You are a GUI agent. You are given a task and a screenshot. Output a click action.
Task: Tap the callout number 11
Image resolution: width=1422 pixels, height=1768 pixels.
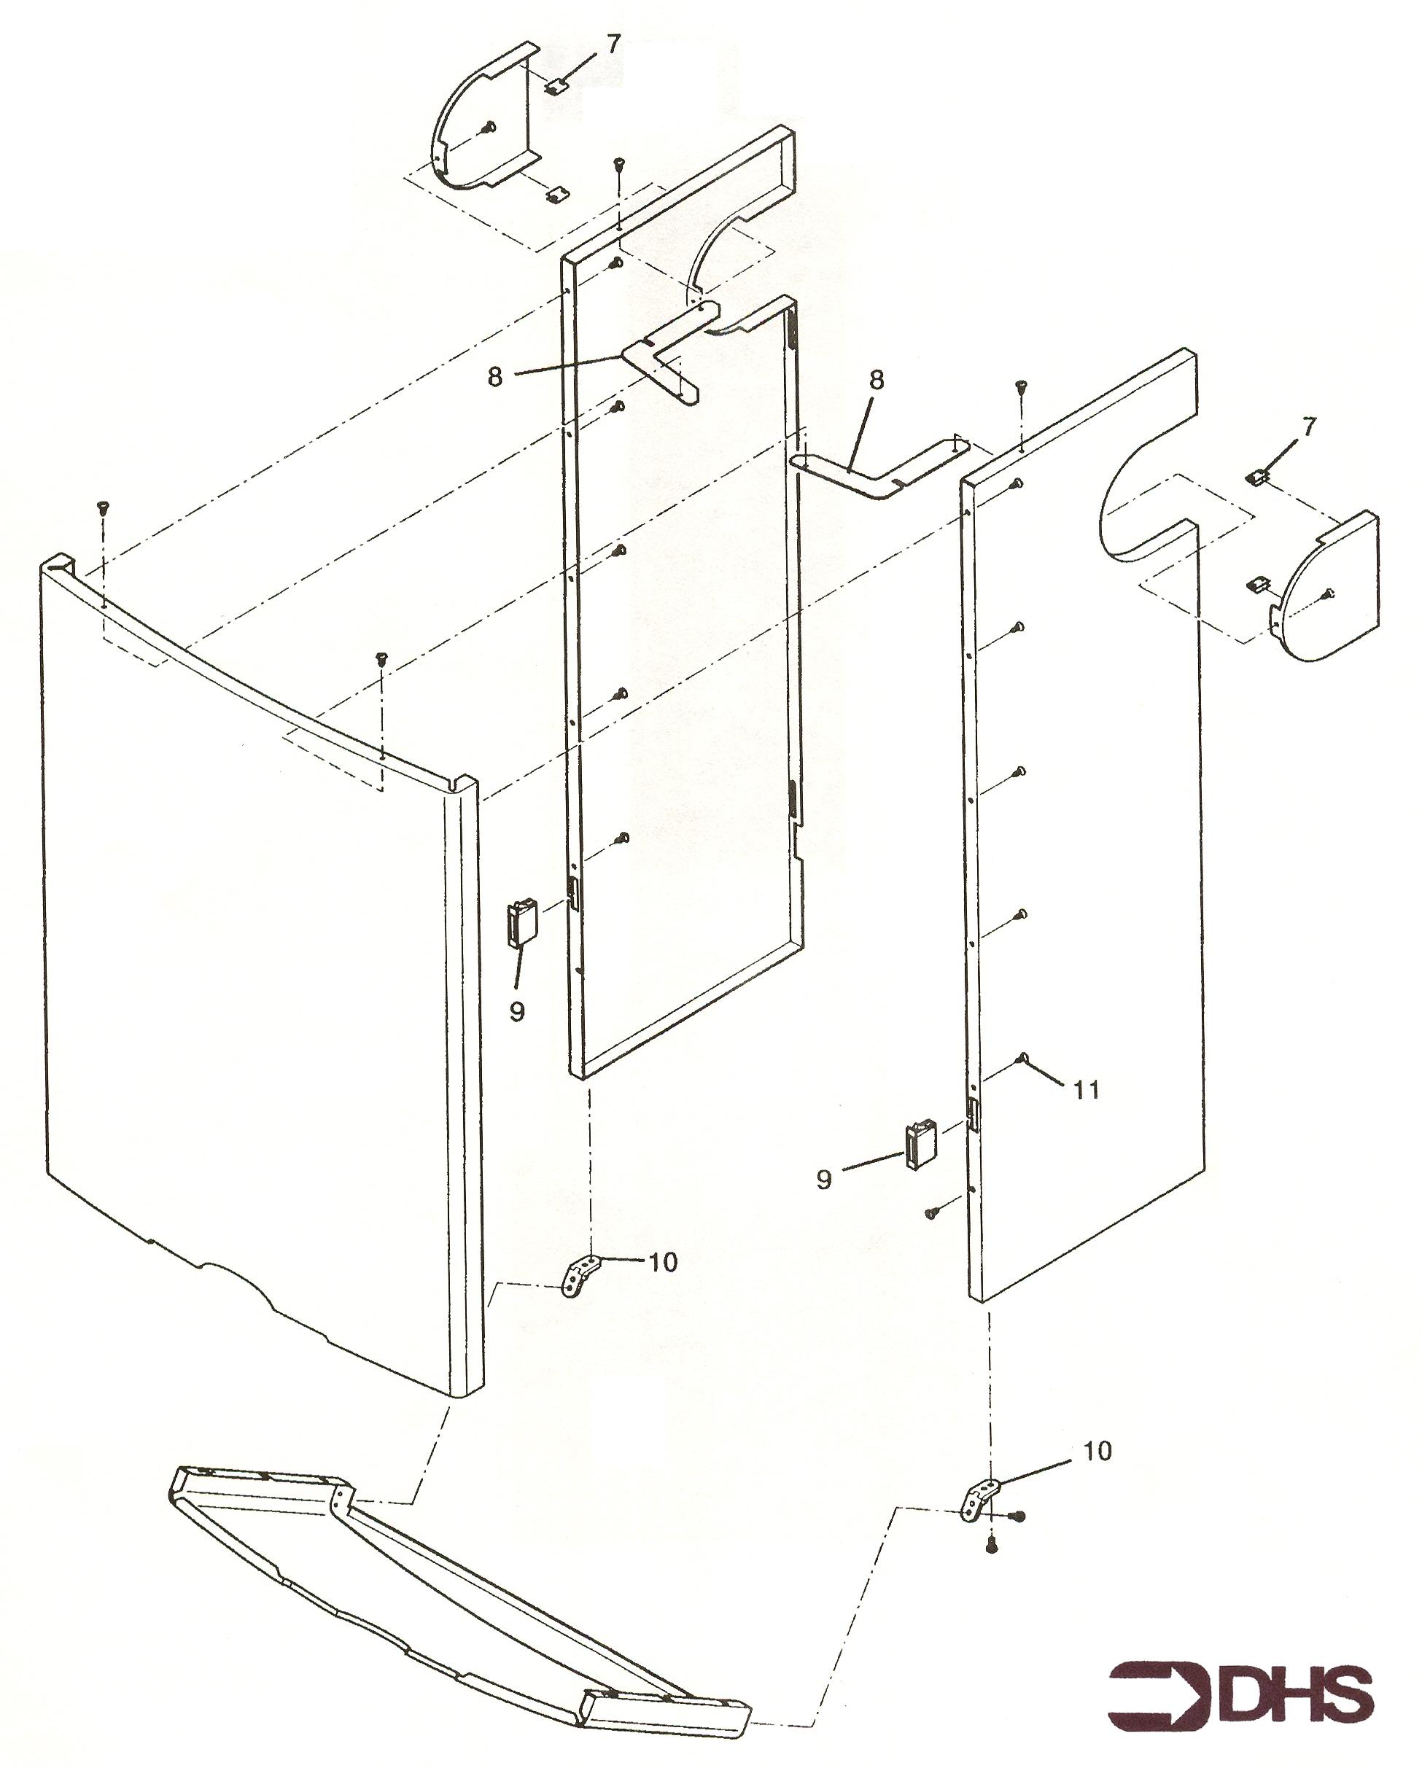(1087, 1090)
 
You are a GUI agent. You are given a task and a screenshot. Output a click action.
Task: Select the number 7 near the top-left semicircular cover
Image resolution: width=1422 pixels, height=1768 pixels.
(614, 44)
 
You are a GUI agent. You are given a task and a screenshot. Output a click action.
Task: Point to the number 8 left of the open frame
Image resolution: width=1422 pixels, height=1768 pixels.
(495, 379)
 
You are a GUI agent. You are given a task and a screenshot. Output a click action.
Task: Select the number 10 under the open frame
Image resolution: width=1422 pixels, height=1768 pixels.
(663, 1262)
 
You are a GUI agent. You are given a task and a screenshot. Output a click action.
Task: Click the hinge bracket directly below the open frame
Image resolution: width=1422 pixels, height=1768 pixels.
(580, 1277)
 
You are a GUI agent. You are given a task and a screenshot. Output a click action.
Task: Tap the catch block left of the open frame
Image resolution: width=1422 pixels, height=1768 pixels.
(522, 923)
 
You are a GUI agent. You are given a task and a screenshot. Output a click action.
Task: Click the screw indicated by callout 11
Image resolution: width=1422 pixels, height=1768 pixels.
(1022, 1059)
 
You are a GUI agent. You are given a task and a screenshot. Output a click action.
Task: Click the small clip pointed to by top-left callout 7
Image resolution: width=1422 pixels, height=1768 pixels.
(559, 85)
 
